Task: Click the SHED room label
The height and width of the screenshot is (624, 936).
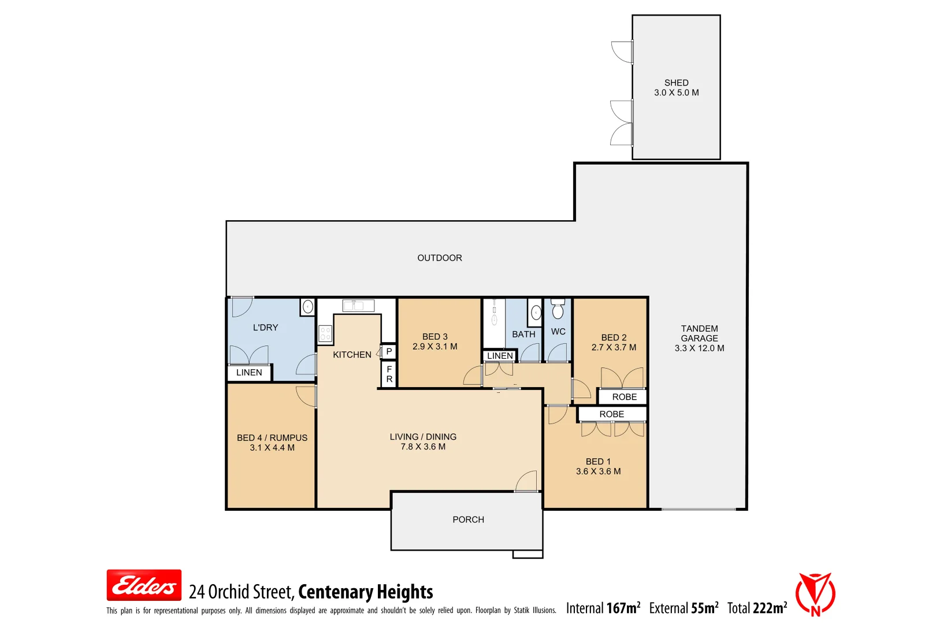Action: coord(676,83)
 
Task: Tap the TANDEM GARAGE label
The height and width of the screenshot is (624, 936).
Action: coord(699,333)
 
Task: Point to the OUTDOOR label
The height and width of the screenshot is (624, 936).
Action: coord(440,258)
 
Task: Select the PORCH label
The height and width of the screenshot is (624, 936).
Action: coord(468,519)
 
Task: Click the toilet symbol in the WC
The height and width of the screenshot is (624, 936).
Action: coord(558,310)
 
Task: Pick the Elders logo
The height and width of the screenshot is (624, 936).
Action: coord(144,585)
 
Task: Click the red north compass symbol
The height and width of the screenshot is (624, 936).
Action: coord(815,595)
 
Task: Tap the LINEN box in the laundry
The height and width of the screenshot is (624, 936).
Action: coord(249,373)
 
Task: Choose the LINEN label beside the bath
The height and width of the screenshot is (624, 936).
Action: coord(500,356)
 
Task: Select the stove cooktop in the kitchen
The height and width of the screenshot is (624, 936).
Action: coord(325,333)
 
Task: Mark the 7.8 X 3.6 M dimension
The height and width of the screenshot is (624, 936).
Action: coord(423,447)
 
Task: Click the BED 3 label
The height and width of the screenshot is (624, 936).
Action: coord(434,336)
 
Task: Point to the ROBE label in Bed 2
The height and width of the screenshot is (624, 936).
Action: coord(624,397)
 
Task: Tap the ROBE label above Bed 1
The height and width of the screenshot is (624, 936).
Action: coord(611,414)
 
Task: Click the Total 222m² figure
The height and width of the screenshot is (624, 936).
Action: coord(757,608)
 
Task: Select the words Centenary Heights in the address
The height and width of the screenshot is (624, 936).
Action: coord(366,592)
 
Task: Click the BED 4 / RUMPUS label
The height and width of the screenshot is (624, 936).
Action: coord(272,438)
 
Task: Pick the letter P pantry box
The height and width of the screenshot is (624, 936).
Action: coord(389,351)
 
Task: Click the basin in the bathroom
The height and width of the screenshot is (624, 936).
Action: coord(536,313)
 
